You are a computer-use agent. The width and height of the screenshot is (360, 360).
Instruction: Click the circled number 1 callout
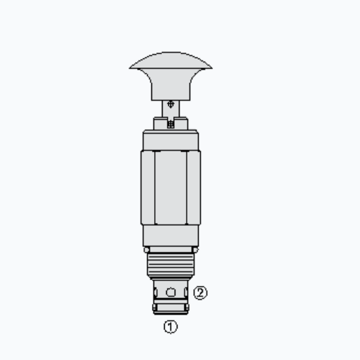click(x=170, y=327)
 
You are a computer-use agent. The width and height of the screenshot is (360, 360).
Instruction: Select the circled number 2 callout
click(x=201, y=293)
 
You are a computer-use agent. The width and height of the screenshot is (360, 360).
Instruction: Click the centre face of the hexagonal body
click(x=170, y=187)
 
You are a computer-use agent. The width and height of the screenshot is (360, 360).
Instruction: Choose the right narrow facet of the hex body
click(x=195, y=187)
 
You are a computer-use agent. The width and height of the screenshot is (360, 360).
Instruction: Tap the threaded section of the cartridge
click(x=170, y=267)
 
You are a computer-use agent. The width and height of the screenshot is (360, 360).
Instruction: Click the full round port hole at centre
click(x=170, y=292)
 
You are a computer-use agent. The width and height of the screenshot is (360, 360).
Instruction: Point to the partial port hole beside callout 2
click(x=187, y=292)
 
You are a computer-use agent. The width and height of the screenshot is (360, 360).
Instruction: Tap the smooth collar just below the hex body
click(x=170, y=234)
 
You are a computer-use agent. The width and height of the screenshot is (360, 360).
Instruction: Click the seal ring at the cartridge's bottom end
click(x=170, y=308)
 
